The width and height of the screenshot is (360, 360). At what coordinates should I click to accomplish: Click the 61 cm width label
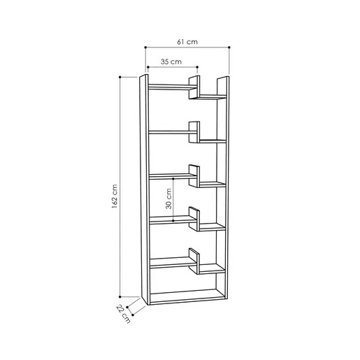pos(187,42)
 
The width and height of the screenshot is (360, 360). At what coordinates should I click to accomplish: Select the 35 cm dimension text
pos(171,62)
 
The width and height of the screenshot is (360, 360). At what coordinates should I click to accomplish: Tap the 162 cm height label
pos(115,196)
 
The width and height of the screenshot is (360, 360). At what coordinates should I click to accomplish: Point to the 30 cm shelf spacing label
pos(168,199)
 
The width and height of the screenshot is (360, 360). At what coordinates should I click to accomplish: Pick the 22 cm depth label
pos(123,314)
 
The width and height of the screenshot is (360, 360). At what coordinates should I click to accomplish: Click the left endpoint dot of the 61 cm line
pos(145,48)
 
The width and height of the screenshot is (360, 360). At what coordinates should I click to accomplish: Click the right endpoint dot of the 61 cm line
pos(229,48)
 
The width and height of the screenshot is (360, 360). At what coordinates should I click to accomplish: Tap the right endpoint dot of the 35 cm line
pos(197,67)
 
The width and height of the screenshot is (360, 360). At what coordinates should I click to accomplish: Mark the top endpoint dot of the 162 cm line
pos(120,77)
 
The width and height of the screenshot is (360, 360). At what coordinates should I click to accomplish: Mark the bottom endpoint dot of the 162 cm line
pos(120,297)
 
